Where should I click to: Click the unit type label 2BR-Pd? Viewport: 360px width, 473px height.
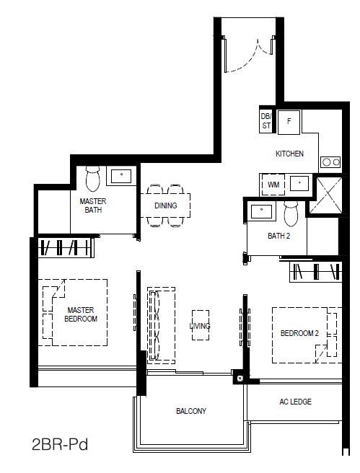[x=60, y=445]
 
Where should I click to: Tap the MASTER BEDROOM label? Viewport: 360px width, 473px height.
[x=81, y=314]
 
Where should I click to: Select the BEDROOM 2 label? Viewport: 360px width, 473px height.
[x=299, y=333]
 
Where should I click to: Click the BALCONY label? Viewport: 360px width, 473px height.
[x=191, y=410]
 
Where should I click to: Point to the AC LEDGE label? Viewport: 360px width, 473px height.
[x=295, y=402]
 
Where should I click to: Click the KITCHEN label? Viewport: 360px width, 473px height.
[x=290, y=154]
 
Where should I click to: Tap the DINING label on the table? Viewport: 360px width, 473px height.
[x=166, y=205]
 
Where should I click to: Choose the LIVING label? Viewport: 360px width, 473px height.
[x=200, y=326]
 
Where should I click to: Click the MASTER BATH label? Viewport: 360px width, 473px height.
[x=93, y=205]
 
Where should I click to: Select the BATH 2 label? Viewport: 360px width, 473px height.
[x=278, y=236]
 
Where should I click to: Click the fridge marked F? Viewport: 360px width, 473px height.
[x=289, y=122]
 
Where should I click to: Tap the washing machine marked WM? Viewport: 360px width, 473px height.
[x=273, y=185]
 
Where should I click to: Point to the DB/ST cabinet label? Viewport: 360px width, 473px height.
[x=266, y=120]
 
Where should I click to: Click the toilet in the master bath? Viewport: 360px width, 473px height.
[x=92, y=179]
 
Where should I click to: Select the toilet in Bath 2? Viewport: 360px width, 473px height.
[x=291, y=213]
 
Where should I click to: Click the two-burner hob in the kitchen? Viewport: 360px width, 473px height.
[x=330, y=162]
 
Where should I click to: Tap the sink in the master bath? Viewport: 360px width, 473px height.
[x=121, y=176]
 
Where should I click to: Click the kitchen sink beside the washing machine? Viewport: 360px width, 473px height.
[x=299, y=183]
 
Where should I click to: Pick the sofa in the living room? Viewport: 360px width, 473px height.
[x=161, y=325]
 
